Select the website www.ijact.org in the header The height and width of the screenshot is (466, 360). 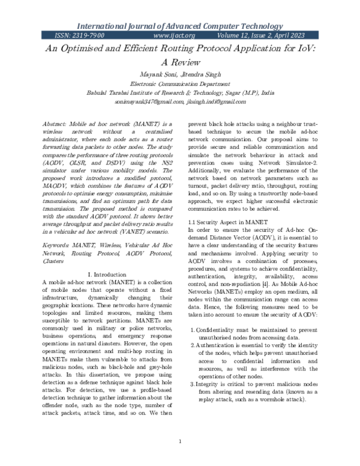click(175, 36)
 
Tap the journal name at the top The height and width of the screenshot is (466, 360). click(180, 26)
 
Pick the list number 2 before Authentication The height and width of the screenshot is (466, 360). click(193, 345)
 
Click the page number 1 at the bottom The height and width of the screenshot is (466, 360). click(180, 442)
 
